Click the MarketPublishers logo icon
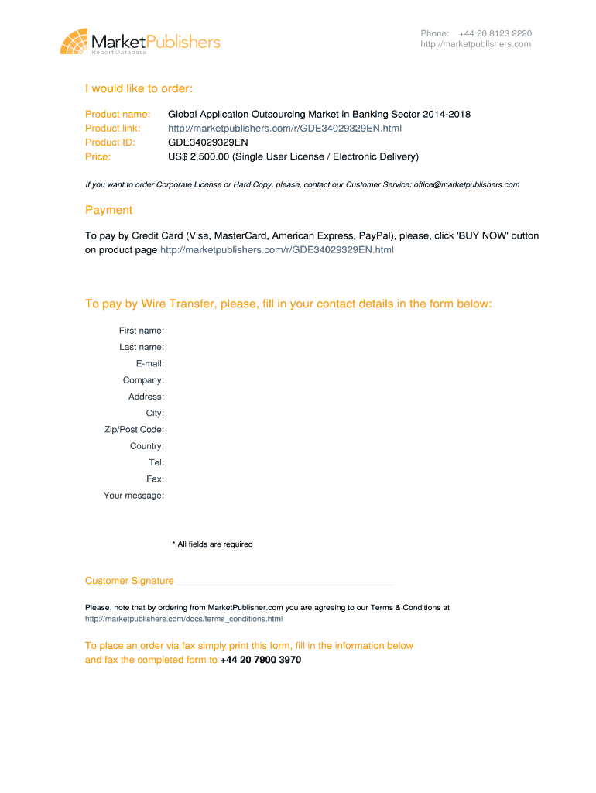tap(74, 41)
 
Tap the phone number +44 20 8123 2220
tap(495, 33)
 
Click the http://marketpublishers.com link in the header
tap(476, 44)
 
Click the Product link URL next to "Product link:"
tap(285, 129)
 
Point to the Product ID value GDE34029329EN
tap(208, 142)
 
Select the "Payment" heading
tap(108, 210)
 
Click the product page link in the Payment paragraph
tap(276, 250)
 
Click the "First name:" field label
tap(141, 331)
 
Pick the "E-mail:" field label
tap(149, 364)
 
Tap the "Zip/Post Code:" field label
tap(134, 430)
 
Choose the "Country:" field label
tap(147, 446)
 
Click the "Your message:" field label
tap(134, 496)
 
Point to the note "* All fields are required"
tap(212, 544)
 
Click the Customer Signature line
tap(285, 582)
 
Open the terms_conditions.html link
tap(183, 620)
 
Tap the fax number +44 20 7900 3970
tap(261, 661)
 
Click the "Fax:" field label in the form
tap(155, 479)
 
